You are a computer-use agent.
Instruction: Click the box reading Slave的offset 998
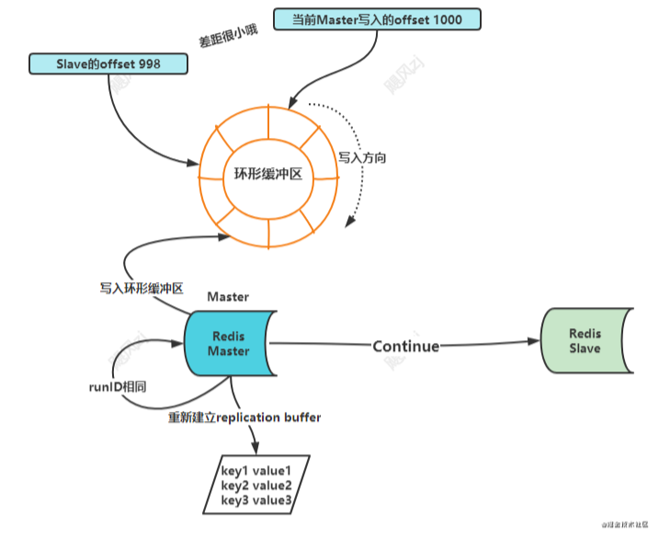pyautogui.click(x=109, y=63)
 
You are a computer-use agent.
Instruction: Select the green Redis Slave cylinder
pyautogui.click(x=585, y=341)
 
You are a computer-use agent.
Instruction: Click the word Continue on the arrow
pyautogui.click(x=405, y=346)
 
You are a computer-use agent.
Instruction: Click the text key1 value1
pyautogui.click(x=256, y=471)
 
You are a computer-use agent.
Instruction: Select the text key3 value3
pyautogui.click(x=256, y=499)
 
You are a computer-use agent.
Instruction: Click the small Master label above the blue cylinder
pyautogui.click(x=229, y=297)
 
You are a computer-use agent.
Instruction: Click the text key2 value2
pyautogui.click(x=256, y=485)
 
